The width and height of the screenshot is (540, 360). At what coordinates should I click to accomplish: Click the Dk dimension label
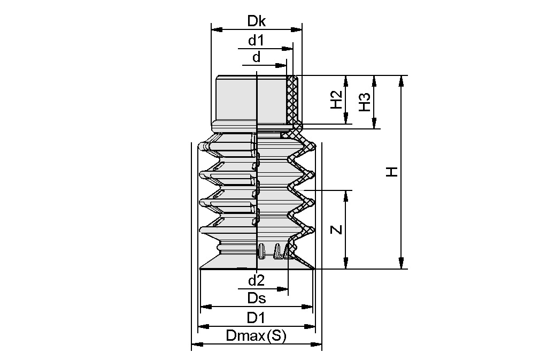(x=257, y=21)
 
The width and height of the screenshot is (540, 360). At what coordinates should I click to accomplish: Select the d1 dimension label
(x=256, y=40)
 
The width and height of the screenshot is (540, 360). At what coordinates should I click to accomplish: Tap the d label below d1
(x=257, y=57)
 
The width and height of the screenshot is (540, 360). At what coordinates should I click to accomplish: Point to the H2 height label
(x=336, y=100)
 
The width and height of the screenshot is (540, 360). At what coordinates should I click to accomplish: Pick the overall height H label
(x=392, y=172)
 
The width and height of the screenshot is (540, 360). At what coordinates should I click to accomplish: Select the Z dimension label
(x=336, y=229)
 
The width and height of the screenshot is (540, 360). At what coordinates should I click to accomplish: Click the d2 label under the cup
(x=256, y=280)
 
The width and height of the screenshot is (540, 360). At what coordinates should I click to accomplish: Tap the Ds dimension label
(x=256, y=298)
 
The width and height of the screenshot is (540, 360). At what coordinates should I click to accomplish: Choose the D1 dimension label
(x=256, y=318)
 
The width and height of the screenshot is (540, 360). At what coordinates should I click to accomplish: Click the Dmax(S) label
(x=256, y=336)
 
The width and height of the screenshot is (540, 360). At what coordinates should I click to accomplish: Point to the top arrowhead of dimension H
(x=401, y=80)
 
